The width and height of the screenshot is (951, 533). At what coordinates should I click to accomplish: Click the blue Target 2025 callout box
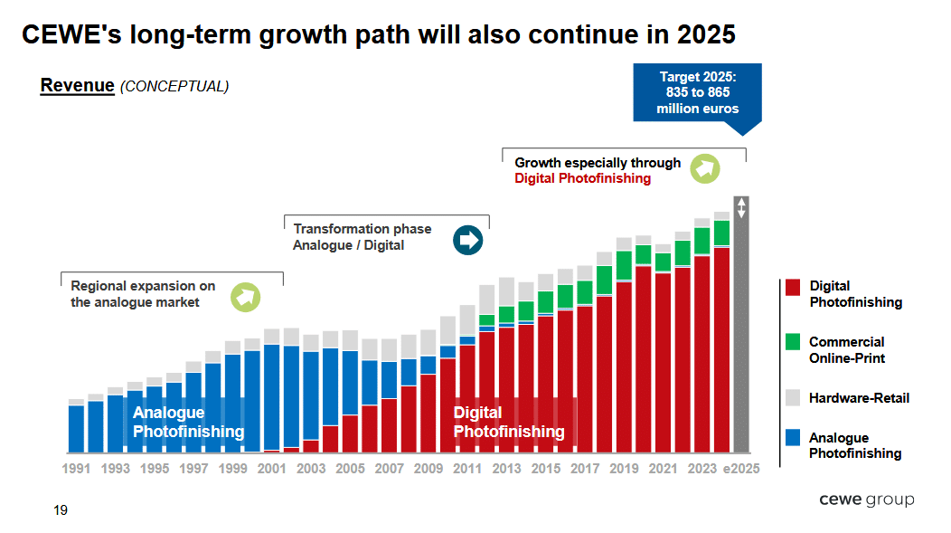pos(697,93)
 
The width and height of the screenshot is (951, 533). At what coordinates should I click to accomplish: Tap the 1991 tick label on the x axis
pos(76,469)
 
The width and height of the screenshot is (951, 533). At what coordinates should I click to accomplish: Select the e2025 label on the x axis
pos(740,469)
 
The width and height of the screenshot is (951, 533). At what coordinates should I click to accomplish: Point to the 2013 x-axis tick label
pos(506,469)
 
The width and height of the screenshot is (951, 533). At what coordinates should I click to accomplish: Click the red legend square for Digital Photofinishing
pos(793,287)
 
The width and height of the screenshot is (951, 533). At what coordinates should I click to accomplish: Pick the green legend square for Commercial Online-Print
pos(793,342)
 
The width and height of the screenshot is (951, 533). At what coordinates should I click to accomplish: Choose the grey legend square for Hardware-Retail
pos(793,397)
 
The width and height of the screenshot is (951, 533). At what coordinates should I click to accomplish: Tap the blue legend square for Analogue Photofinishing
pos(793,438)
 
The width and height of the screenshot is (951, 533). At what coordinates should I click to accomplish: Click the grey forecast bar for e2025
pos(741,335)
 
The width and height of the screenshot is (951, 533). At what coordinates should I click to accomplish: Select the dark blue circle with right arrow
pos(468,240)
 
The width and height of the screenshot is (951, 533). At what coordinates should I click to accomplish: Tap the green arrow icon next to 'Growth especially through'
pos(704,168)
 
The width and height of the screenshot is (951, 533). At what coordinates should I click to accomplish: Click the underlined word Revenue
pos(77,86)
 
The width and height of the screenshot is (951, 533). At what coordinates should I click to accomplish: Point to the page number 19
pos(61,510)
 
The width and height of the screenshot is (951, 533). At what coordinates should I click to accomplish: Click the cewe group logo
pos(866,500)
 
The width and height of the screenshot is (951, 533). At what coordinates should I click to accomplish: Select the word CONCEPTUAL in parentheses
pos(174,87)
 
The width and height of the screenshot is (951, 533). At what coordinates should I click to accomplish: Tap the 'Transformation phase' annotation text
pos(362,229)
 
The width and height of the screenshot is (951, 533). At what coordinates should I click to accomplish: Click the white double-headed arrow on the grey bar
pos(741,207)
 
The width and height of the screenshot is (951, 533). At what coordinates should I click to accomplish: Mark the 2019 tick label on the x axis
pos(624,469)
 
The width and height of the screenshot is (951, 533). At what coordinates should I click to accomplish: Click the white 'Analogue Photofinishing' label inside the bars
pos(188,423)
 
